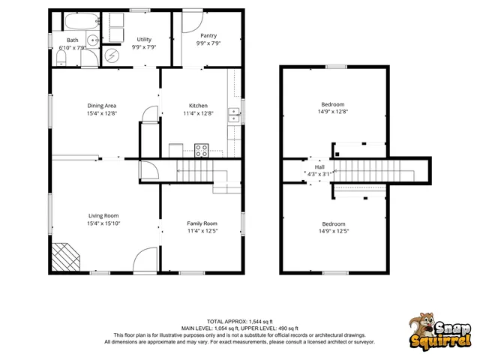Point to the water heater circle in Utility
pos(112,55)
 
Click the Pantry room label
pos(208,35)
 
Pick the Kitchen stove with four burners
pos(202,149)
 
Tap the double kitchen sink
pos(234,115)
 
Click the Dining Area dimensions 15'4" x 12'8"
pos(102,114)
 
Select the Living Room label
pos(103,215)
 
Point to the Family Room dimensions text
pos(202,231)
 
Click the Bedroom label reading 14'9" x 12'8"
pos(333,112)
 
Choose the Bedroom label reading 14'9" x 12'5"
pos(333,232)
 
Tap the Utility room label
pos(144,39)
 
